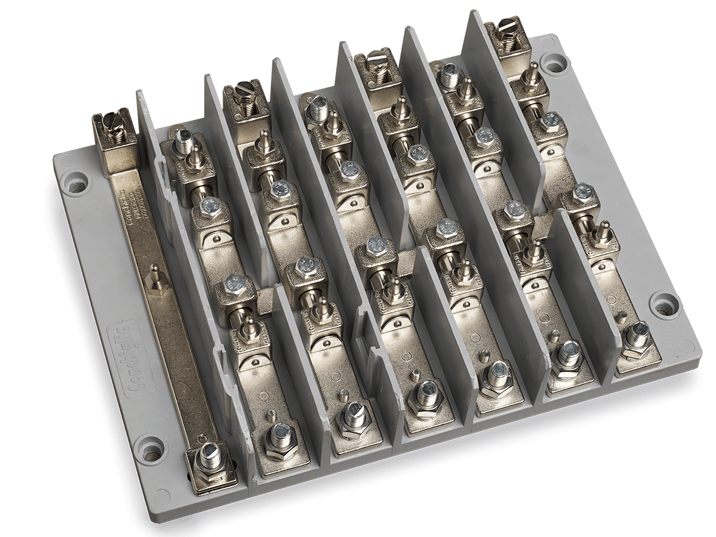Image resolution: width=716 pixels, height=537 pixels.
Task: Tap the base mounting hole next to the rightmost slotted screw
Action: click(x=552, y=61)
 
